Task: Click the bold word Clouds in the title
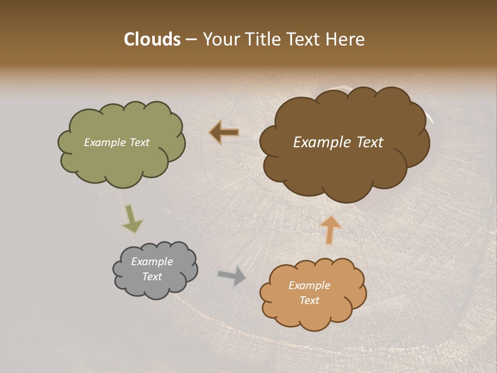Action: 152,39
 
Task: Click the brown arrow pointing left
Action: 224,133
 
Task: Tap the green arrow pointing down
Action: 132,219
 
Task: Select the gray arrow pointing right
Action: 232,276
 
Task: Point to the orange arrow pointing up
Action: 330,229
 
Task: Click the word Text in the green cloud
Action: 139,142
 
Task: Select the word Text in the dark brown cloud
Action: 370,142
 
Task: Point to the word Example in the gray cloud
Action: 152,262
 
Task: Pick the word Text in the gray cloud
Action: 152,277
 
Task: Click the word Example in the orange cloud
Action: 309,285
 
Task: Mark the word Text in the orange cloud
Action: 309,300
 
